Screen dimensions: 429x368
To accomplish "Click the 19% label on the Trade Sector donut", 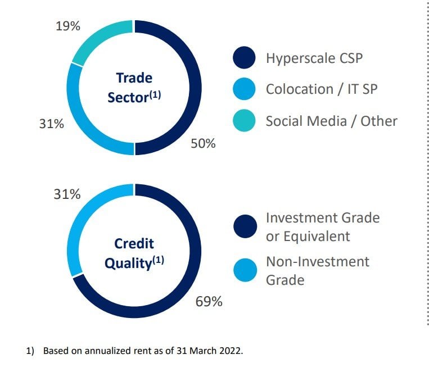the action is pyautogui.click(x=68, y=26).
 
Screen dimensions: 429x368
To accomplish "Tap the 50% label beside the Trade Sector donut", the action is pyautogui.click(x=203, y=143).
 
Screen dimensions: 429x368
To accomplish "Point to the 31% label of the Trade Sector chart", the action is pyautogui.click(x=51, y=124).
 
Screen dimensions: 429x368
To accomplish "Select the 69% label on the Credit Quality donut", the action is pyautogui.click(x=209, y=302).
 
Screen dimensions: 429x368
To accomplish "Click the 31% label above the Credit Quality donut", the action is pyautogui.click(x=67, y=194).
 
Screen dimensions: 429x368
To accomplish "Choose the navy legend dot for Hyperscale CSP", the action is pyautogui.click(x=244, y=57).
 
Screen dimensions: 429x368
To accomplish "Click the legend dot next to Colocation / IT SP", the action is pyautogui.click(x=244, y=89).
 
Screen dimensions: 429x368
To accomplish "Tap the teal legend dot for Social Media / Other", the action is pyautogui.click(x=244, y=121).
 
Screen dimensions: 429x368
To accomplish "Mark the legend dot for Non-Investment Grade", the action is pyautogui.click(x=245, y=270).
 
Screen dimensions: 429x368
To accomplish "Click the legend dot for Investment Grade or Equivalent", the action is pyautogui.click(x=245, y=226).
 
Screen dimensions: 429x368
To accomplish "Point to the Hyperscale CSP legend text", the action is pyautogui.click(x=314, y=58).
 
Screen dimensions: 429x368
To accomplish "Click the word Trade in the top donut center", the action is pyautogui.click(x=134, y=78).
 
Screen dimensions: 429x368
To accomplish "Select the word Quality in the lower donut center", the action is pyautogui.click(x=128, y=264).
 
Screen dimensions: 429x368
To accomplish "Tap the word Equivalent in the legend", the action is pyautogui.click(x=317, y=237).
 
